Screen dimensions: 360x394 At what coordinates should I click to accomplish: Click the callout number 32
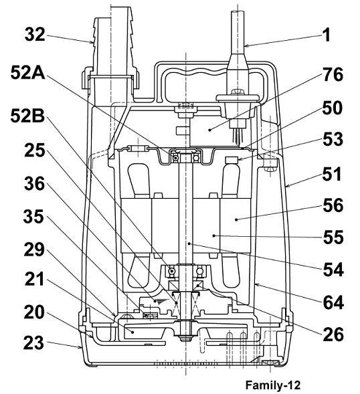(35, 34)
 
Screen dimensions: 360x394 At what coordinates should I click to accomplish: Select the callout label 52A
(27, 73)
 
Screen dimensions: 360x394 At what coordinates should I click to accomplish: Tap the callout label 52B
(27, 116)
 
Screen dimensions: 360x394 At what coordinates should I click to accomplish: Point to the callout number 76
(333, 75)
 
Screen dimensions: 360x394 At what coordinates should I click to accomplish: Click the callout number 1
(326, 35)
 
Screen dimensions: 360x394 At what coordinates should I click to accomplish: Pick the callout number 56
(333, 205)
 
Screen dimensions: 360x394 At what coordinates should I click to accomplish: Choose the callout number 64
(333, 303)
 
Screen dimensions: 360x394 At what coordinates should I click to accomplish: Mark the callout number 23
(33, 343)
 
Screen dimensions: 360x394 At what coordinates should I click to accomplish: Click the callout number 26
(333, 334)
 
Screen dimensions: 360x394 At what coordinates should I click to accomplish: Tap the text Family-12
(273, 385)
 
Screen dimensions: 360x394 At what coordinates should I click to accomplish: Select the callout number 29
(34, 250)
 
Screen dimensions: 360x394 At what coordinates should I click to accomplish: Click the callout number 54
(333, 270)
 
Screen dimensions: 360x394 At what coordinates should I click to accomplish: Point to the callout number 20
(34, 312)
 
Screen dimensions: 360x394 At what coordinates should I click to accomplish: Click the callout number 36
(34, 184)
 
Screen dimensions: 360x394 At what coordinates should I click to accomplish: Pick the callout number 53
(333, 139)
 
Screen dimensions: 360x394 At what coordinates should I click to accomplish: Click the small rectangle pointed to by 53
(232, 160)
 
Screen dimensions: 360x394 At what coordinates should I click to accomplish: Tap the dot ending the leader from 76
(209, 130)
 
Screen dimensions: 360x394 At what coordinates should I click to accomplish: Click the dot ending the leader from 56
(237, 219)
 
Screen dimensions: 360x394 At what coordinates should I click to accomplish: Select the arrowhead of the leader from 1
(246, 45)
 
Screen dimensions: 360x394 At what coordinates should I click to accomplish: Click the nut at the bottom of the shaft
(185, 338)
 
